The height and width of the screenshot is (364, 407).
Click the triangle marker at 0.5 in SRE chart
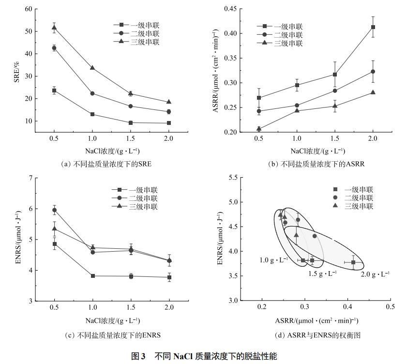54,28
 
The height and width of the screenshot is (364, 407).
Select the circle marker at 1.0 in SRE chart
92,93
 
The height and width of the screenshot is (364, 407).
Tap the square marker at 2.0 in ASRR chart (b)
373,27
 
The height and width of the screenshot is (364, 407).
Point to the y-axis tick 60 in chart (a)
29,9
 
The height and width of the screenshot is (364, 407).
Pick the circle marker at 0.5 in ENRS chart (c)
54,210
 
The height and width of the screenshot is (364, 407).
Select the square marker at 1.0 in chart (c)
92,276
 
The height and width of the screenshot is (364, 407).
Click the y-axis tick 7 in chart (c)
30,178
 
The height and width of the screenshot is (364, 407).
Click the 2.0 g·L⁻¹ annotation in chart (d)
375,273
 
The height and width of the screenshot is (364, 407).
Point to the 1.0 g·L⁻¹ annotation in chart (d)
273,260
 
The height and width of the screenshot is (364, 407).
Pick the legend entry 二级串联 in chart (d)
359,198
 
